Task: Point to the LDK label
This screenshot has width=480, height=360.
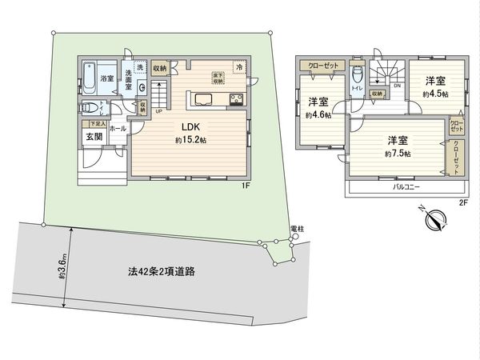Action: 190,126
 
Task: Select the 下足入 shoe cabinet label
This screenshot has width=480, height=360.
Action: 97,124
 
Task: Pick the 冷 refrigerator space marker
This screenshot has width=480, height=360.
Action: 238,67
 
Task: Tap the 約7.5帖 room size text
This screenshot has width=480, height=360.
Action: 398,153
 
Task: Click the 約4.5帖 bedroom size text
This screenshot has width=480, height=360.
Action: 435,93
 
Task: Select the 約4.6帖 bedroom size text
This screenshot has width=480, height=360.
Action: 318,114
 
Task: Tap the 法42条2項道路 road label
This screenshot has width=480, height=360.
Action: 162,271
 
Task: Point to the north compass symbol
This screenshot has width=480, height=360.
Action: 435,218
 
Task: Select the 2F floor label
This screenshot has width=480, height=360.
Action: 462,202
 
